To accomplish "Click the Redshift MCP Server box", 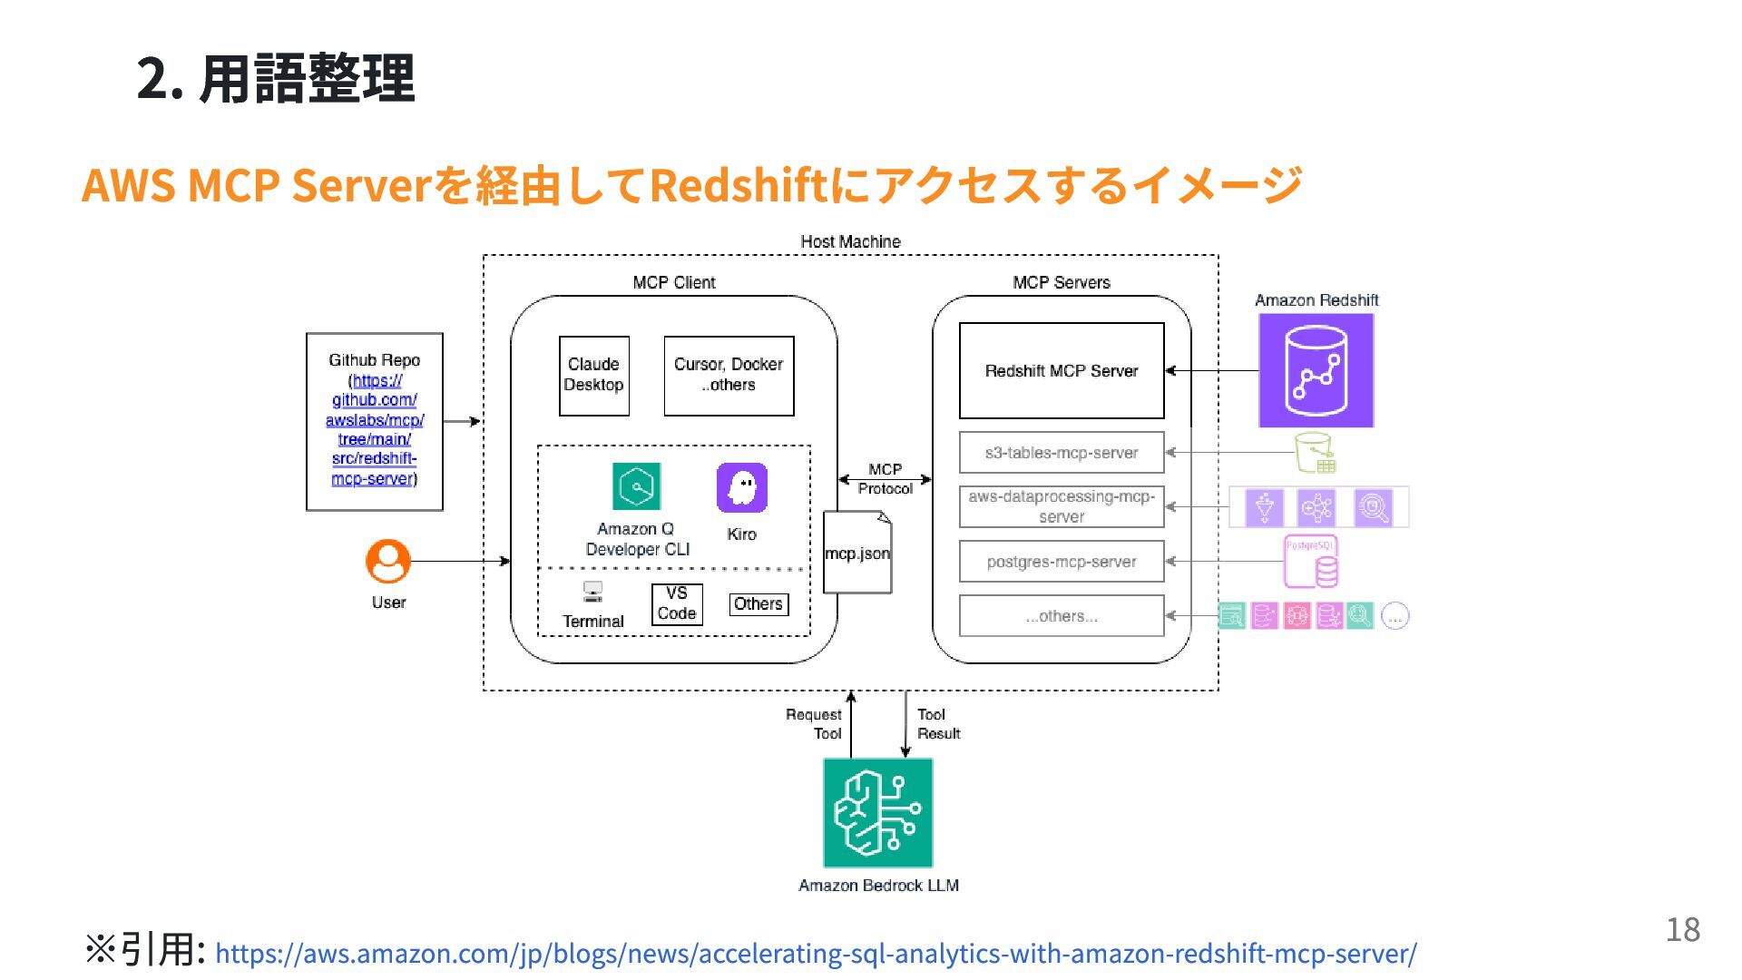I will [x=1061, y=370].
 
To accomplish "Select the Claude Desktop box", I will [x=593, y=375].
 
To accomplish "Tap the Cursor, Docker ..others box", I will [x=729, y=375].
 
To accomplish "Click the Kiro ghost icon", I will [x=741, y=487].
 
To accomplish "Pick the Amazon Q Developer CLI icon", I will [x=636, y=486].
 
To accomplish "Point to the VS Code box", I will [x=677, y=603].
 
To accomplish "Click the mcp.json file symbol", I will [x=857, y=552].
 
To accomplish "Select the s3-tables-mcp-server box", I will [x=1061, y=452].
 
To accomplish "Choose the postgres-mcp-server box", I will [x=1061, y=561].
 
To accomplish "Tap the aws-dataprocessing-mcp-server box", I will [x=1061, y=506].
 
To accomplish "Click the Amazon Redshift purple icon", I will [x=1316, y=370].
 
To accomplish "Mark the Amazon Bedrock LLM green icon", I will [x=877, y=812].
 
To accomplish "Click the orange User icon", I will [x=388, y=562].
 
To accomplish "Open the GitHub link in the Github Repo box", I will [x=374, y=429].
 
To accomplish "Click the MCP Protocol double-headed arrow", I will [x=885, y=478].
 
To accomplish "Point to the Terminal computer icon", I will [x=592, y=593].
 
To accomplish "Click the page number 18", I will [x=1682, y=929].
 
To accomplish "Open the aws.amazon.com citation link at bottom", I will [x=815, y=953].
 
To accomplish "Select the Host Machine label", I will [x=850, y=241].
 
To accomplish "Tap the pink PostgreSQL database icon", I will [x=1311, y=562].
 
